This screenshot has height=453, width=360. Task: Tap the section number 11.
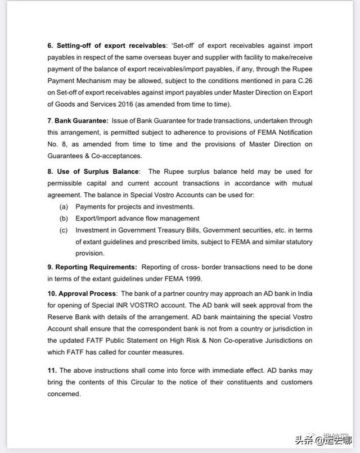pos(52,370)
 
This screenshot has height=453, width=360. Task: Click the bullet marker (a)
pos(64,207)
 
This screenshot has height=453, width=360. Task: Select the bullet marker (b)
pos(64,219)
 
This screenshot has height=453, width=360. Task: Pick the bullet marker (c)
pos(64,230)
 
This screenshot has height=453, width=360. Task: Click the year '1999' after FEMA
pos(192,278)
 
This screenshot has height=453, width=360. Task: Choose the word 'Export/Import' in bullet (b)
pos(97,219)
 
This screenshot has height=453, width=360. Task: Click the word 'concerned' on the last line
pos(64,394)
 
